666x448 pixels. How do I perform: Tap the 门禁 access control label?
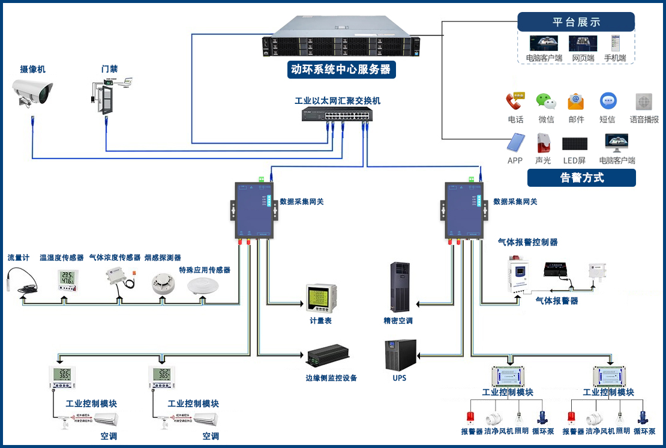point(109,69)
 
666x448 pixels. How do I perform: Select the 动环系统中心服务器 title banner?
point(340,69)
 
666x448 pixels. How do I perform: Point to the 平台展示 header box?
point(575,22)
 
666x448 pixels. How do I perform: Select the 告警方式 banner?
point(581,178)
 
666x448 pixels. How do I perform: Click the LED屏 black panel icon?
point(574,144)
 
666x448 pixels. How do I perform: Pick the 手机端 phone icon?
point(614,44)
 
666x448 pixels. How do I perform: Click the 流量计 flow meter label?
point(19,258)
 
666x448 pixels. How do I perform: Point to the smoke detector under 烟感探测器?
point(162,282)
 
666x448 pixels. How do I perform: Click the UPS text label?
point(399,378)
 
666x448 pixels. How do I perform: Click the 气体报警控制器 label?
point(528,242)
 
